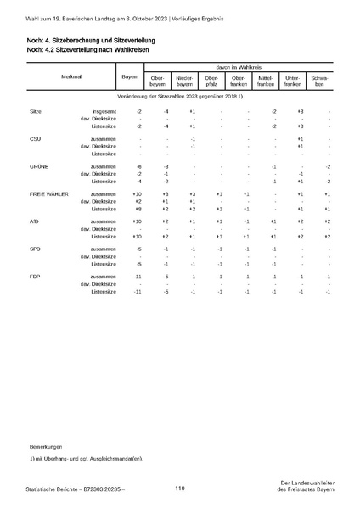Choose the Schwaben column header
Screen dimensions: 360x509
(319, 82)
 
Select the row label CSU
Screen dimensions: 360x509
(35, 138)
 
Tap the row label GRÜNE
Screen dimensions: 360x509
(38, 166)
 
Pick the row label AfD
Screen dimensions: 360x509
(34, 221)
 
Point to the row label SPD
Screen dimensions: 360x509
(35, 249)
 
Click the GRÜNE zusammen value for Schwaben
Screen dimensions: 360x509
(327, 166)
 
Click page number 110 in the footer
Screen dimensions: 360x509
(180, 488)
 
